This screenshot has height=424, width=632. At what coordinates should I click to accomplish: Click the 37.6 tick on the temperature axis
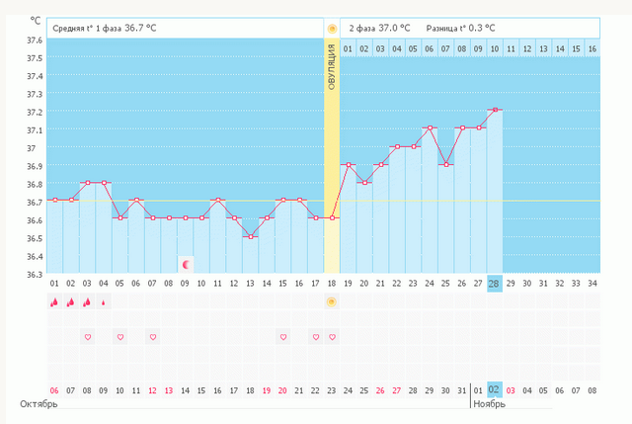pos(34,41)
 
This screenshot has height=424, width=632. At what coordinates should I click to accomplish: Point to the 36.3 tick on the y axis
pos(34,274)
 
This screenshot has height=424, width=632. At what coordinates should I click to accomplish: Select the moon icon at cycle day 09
pos(186,264)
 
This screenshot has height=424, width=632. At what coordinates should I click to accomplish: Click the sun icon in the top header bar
pos(332,28)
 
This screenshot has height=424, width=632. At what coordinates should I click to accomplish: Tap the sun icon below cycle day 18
pos(332,301)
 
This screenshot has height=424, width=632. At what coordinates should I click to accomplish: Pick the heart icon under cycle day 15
pos(283,337)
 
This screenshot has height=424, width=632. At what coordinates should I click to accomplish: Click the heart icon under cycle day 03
pos(87,337)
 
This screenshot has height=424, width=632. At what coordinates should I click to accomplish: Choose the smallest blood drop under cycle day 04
pos(104,301)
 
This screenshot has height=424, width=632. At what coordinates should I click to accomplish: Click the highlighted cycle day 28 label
pos(495,284)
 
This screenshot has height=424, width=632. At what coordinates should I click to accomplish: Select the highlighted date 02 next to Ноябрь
pos(495,390)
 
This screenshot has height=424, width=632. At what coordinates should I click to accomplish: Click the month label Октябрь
pos(39,404)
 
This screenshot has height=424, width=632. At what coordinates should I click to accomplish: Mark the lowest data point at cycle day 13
pos(251,236)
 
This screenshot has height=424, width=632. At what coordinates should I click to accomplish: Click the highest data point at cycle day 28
pos(495,110)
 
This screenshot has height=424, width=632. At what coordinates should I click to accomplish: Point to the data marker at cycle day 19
pos(348,164)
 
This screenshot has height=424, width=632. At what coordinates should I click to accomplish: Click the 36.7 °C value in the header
pos(138,28)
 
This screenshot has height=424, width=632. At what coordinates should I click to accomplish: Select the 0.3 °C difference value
pos(479,28)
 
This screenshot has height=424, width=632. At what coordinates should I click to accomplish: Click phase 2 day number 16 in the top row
pos(591,47)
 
